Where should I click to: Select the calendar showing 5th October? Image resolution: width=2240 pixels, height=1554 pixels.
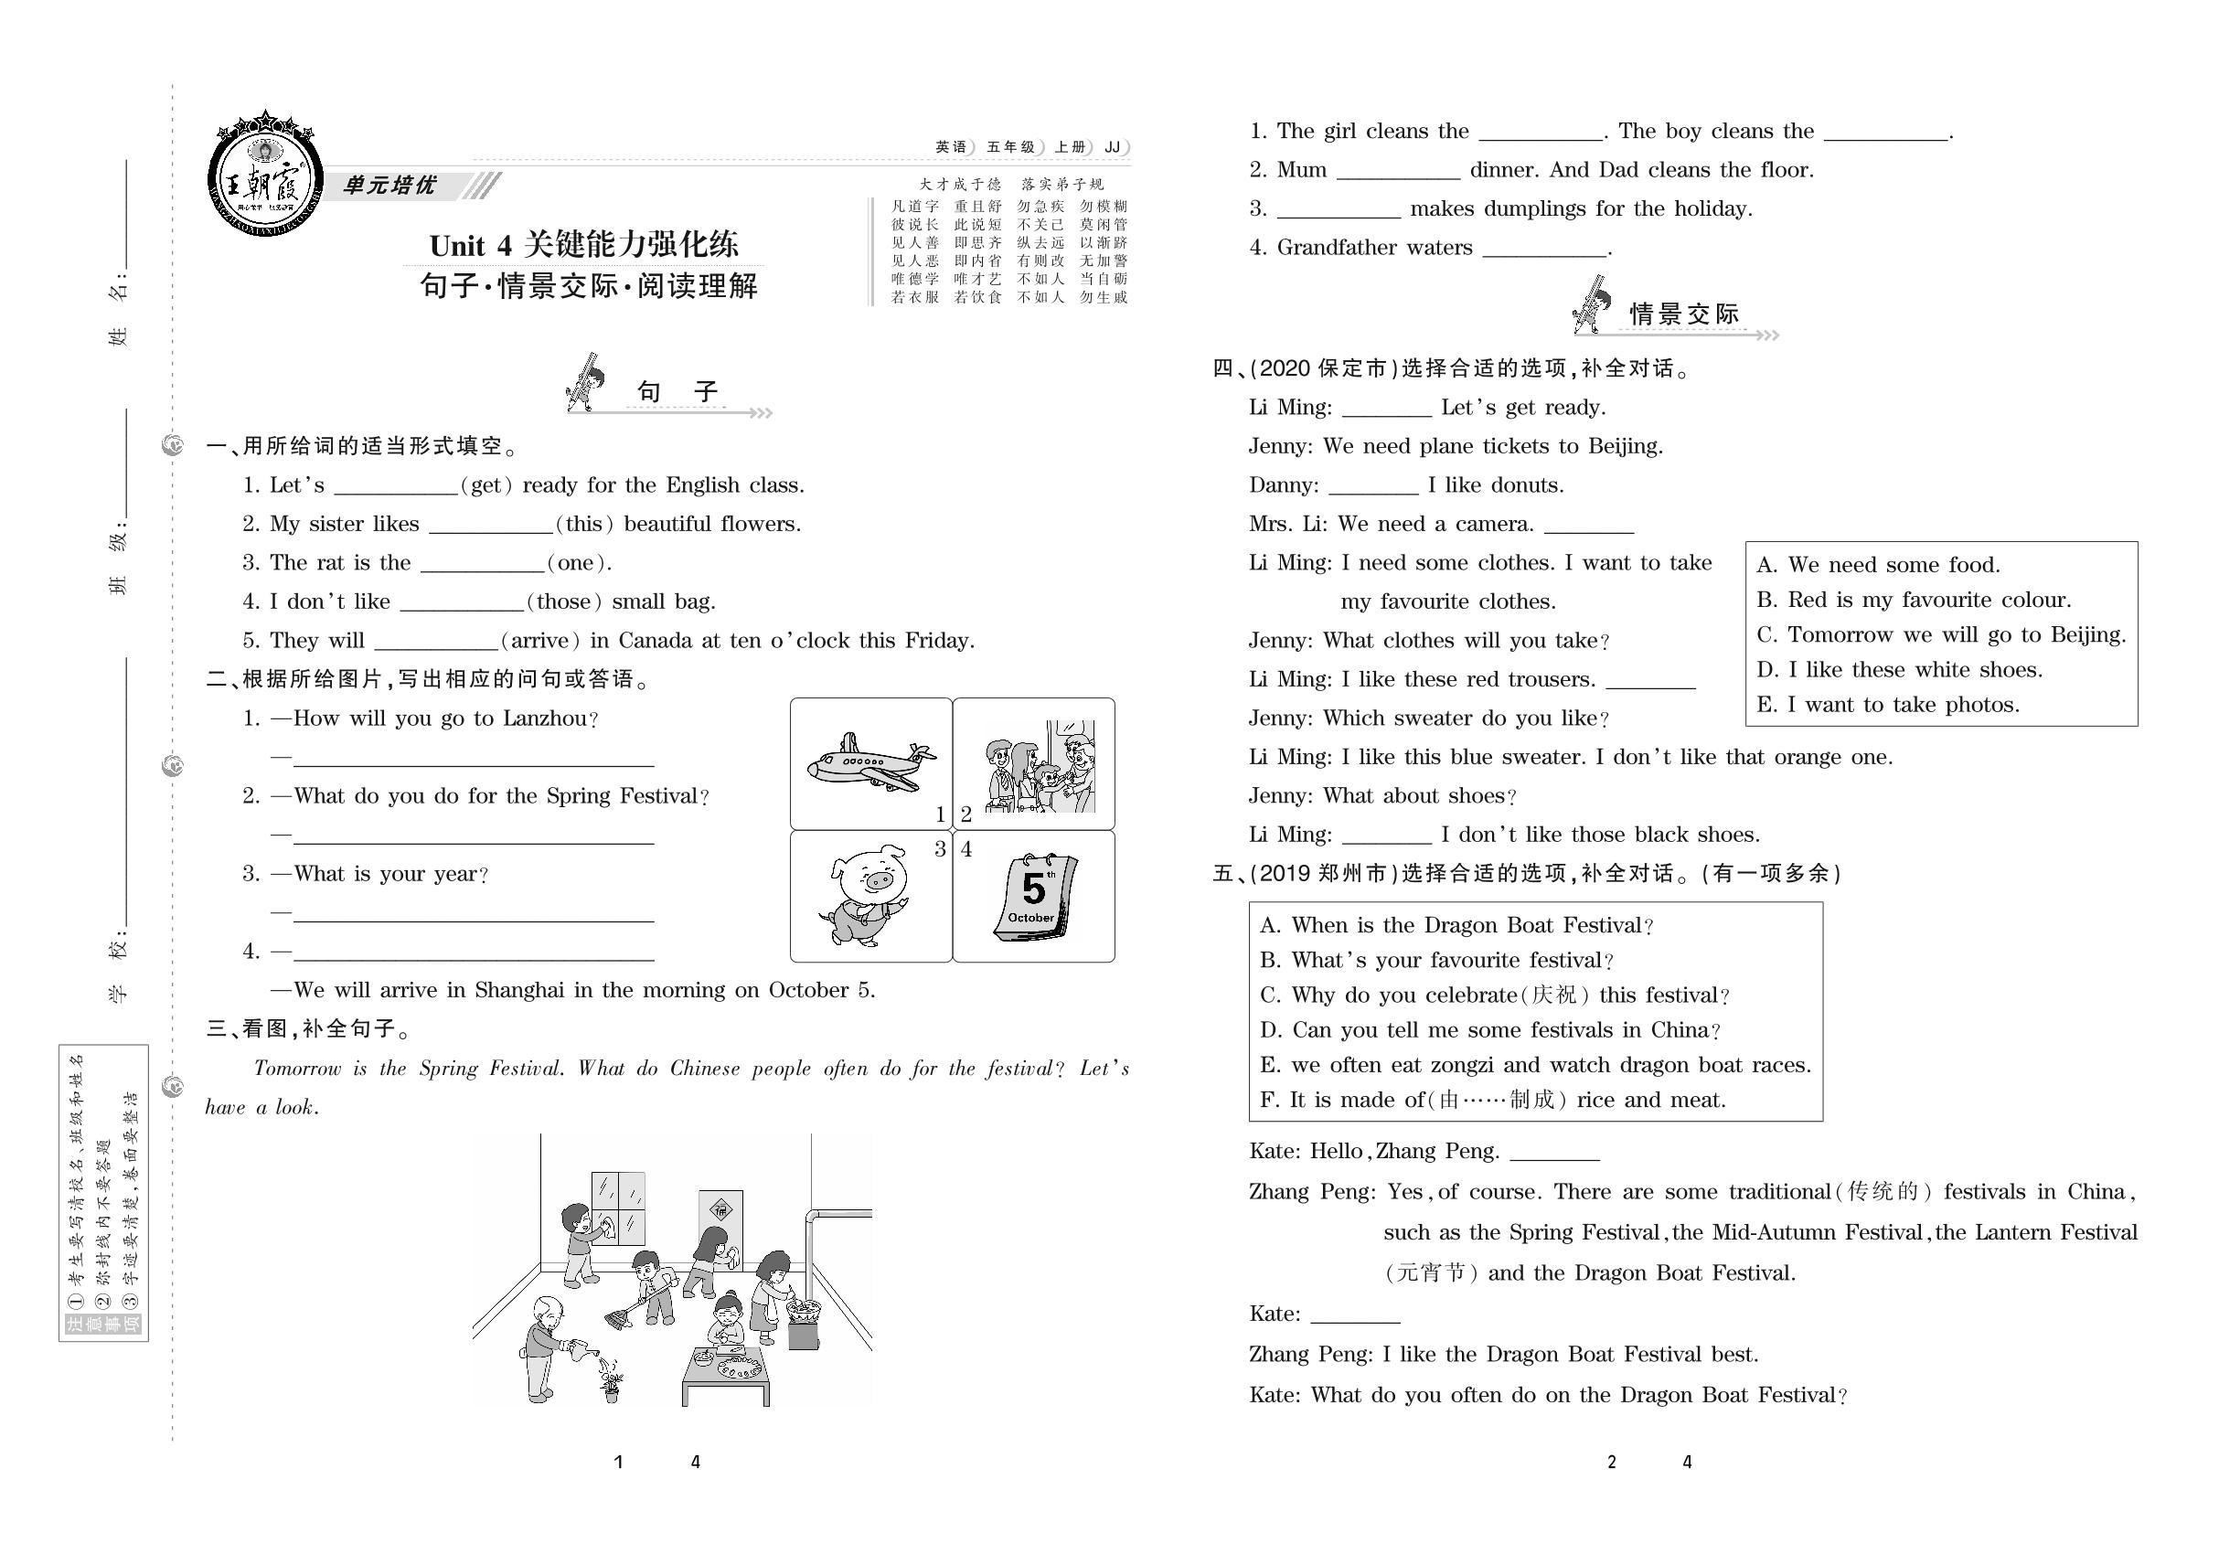point(1034,896)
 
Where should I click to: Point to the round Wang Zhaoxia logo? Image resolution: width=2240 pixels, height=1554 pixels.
point(265,181)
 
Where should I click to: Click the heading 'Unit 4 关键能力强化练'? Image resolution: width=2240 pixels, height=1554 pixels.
point(583,243)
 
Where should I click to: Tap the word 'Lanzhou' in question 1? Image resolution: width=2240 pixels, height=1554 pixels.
point(546,718)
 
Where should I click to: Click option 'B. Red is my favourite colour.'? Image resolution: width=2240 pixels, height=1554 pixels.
point(1913,600)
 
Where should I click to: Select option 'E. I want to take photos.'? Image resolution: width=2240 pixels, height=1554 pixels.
point(1887,705)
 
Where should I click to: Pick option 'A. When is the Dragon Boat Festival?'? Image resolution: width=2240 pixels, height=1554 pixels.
point(1456,925)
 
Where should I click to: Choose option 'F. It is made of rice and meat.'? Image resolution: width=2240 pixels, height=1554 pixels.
point(1492,1101)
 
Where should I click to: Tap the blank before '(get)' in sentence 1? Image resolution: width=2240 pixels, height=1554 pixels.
point(395,487)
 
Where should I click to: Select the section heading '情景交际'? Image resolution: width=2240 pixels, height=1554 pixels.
point(1684,314)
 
